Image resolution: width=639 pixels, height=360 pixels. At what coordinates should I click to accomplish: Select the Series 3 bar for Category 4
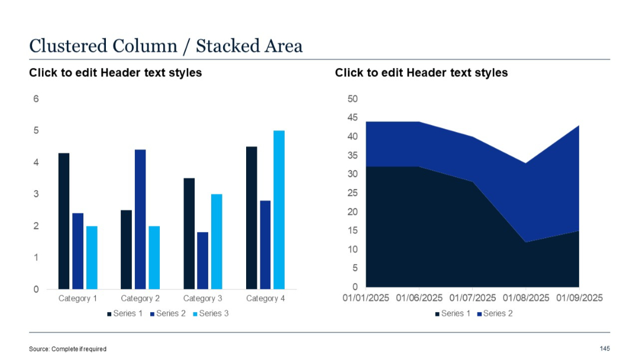[279, 210]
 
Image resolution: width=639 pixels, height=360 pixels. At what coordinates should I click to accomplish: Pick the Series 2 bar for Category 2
[140, 219]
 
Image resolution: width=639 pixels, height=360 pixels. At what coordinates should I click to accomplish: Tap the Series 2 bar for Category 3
[202, 261]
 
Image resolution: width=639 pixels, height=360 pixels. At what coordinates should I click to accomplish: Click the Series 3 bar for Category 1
[92, 258]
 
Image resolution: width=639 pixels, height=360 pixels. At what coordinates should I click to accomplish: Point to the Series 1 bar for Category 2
[126, 249]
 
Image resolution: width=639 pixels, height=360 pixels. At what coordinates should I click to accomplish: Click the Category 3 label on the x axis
[203, 298]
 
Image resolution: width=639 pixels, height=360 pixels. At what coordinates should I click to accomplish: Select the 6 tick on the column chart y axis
[36, 99]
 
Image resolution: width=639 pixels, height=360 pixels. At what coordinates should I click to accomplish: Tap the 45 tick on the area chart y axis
[353, 118]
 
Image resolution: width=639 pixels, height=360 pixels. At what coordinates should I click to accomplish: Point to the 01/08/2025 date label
[525, 298]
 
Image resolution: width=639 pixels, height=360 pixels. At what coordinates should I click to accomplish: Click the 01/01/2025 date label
[366, 298]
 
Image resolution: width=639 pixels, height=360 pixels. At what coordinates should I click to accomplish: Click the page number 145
[605, 348]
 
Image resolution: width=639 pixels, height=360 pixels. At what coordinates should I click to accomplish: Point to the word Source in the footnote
[39, 349]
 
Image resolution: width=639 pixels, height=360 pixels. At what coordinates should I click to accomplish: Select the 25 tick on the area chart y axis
[353, 193]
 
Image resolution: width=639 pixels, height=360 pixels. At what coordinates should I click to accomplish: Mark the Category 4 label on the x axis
[266, 298]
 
